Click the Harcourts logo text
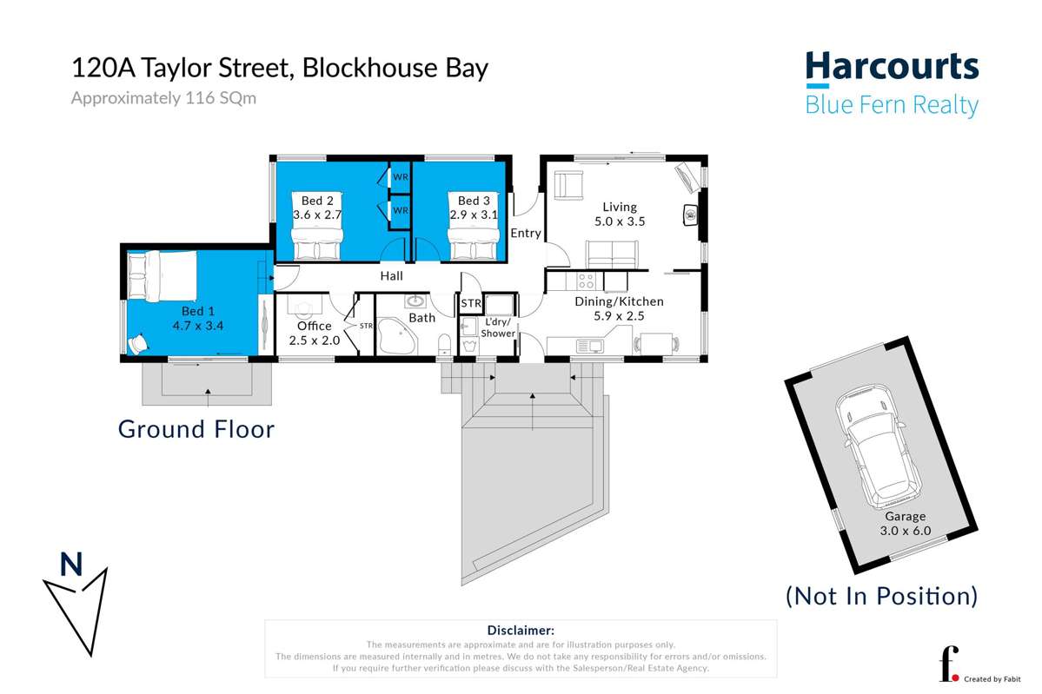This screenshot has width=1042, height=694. (892, 68)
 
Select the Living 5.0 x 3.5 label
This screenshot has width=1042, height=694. (620, 214)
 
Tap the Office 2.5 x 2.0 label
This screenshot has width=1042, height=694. (315, 332)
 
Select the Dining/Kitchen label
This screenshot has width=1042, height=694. (619, 308)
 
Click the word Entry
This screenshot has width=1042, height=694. (526, 233)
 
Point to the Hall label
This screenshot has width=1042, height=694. (391, 276)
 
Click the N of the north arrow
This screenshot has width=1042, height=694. (71, 565)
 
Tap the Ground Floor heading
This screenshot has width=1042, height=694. (196, 429)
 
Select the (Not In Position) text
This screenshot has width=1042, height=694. (881, 596)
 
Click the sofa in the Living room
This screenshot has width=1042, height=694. (611, 254)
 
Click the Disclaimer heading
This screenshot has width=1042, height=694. (521, 631)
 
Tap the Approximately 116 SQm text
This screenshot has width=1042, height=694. (163, 98)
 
